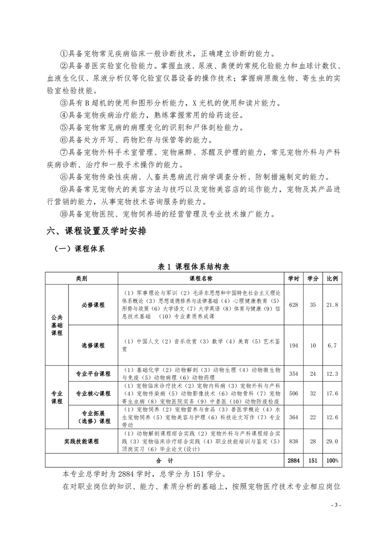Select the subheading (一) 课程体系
tap(80, 249)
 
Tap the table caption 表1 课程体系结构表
tap(194, 267)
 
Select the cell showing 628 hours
tap(293, 305)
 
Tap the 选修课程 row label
tap(93, 345)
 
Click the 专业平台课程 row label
tap(93, 373)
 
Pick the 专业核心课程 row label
tap(93, 393)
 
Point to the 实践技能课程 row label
tap(81, 441)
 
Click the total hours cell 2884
tap(293, 460)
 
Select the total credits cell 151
tap(313, 460)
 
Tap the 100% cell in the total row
tap(332, 460)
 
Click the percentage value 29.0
tap(332, 441)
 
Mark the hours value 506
tap(293, 393)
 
